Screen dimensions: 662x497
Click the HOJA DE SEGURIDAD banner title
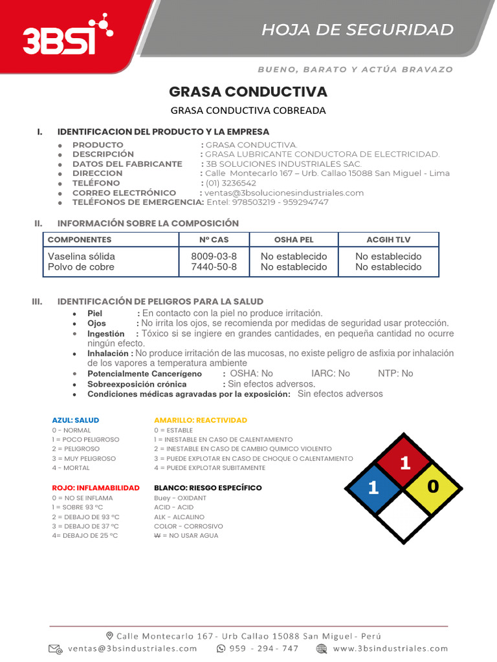point(357,30)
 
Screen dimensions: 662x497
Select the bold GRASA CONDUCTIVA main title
point(248,91)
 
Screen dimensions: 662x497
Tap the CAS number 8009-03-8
point(214,256)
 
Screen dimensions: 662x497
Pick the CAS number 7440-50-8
point(214,267)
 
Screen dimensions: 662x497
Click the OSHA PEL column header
point(293,240)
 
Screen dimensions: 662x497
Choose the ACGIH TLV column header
point(388,240)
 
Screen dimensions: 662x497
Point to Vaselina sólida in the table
point(82,256)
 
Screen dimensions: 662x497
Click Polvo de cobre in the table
point(81,267)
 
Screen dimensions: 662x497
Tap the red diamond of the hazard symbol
point(404,462)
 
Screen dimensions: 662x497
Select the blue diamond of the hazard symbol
point(374,488)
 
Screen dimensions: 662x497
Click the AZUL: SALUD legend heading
point(75,420)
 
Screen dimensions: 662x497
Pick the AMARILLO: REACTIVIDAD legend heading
point(201,420)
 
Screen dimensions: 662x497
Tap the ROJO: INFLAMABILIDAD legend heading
point(95,487)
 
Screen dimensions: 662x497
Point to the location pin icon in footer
point(110,635)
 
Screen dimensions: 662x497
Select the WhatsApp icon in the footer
point(221,648)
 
